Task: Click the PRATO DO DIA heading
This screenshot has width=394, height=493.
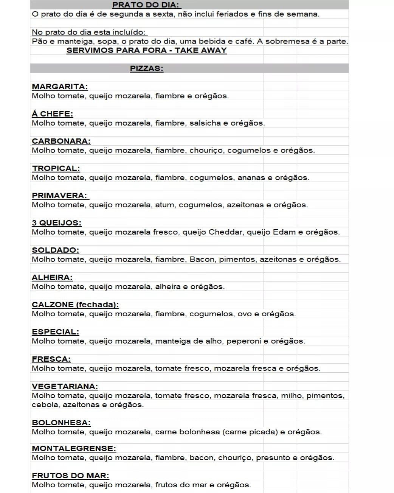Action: click(146, 5)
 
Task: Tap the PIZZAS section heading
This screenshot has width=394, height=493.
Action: click(146, 68)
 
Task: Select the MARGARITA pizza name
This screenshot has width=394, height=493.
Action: click(60, 87)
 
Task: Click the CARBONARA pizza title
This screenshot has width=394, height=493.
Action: click(61, 141)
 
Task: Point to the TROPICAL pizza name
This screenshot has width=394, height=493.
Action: click(56, 168)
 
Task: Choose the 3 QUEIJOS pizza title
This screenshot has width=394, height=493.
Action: click(56, 223)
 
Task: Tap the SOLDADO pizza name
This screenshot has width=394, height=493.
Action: click(55, 250)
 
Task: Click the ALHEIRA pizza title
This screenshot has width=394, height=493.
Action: click(52, 277)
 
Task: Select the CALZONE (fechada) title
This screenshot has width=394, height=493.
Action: click(75, 305)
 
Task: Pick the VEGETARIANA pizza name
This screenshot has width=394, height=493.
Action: click(65, 386)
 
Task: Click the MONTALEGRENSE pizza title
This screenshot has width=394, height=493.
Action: click(74, 448)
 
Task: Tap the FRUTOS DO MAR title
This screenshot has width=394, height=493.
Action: click(70, 476)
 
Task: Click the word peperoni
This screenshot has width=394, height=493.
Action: click(244, 341)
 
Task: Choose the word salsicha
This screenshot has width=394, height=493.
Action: click(205, 123)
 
